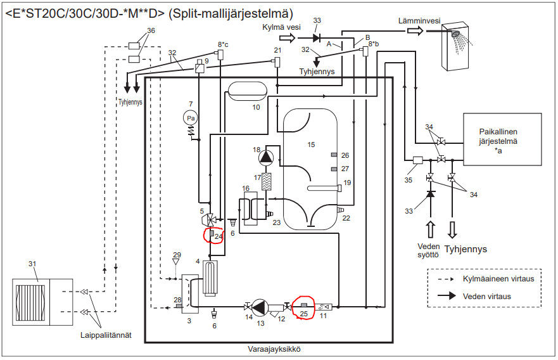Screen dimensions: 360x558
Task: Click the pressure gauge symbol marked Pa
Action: coord(189,117)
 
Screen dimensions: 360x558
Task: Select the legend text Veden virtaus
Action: coord(486,295)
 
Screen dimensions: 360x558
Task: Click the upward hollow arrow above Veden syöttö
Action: coord(431,228)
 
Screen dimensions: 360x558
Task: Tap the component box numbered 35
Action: coord(417,161)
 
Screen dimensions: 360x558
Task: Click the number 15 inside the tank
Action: coord(310,145)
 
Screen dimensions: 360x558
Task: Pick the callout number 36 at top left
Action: coord(151,31)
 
